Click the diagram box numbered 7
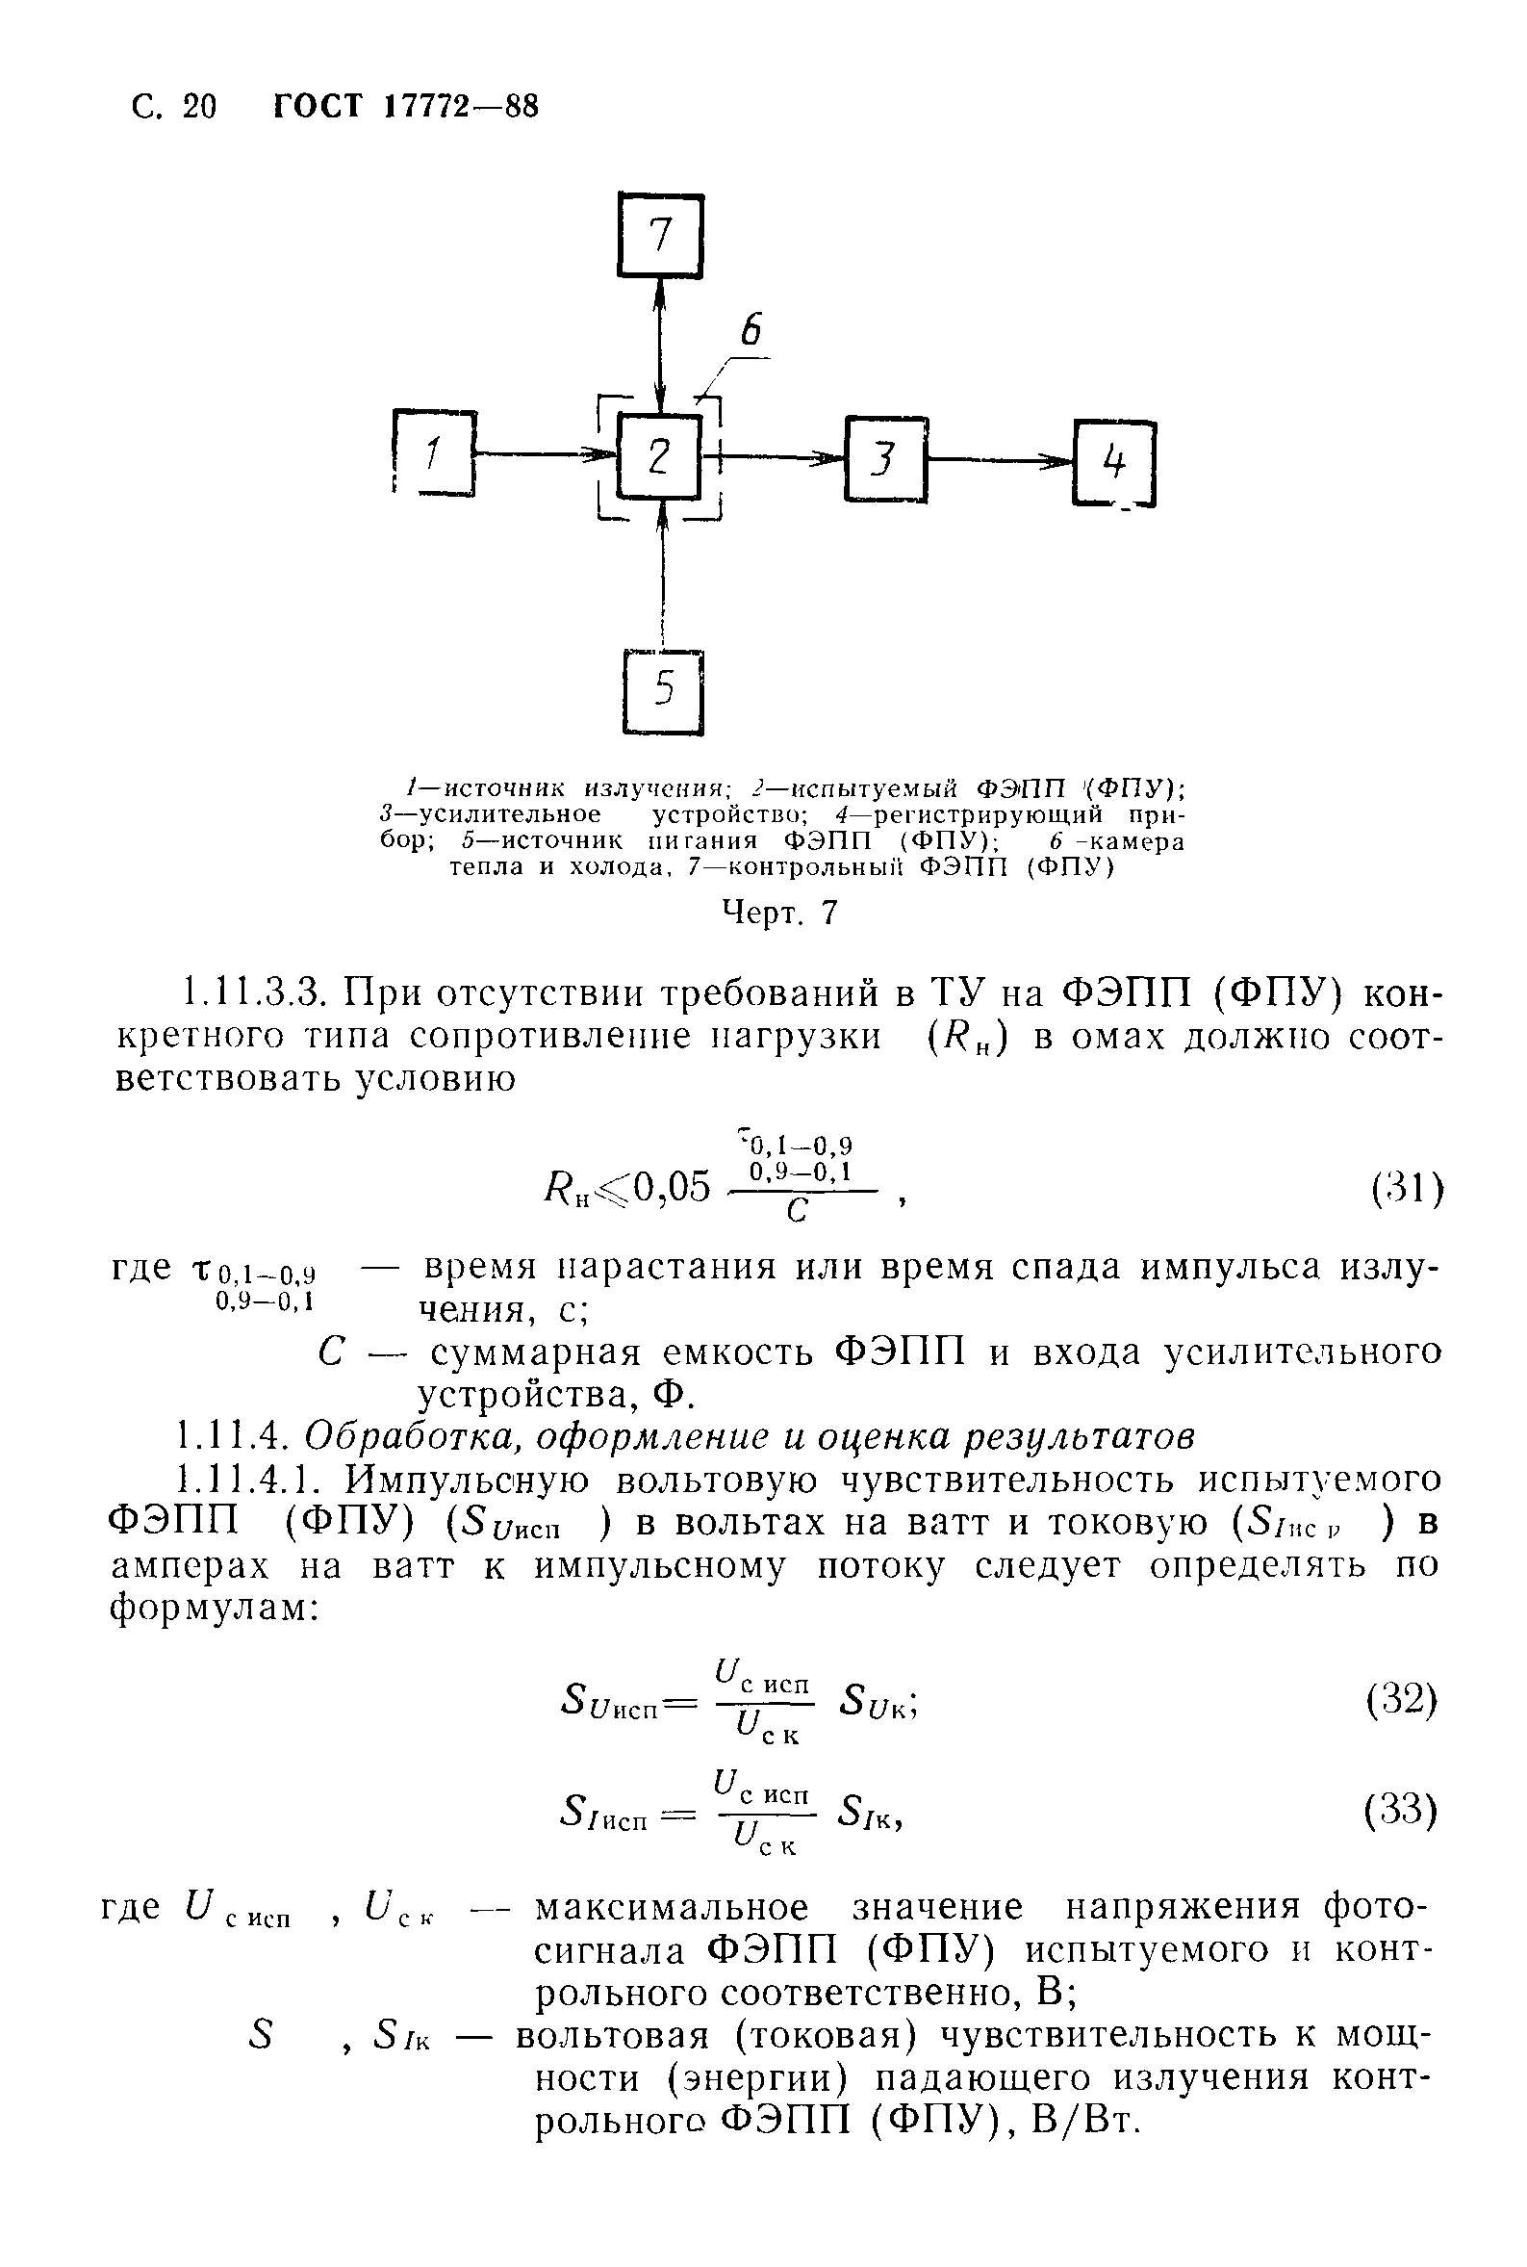pyautogui.click(x=660, y=236)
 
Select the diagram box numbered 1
pyautogui.click(x=434, y=454)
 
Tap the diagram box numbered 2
pyautogui.click(x=660, y=456)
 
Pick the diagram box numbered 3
pyautogui.click(x=884, y=459)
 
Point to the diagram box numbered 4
pyautogui.click(x=1114, y=463)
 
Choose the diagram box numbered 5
pyautogui.click(x=663, y=691)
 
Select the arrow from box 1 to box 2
pyautogui.click(x=546, y=453)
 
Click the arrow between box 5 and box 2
pyautogui.click(x=662, y=575)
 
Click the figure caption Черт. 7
pyautogui.click(x=779, y=913)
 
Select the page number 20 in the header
pyautogui.click(x=198, y=106)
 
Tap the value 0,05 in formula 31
pyautogui.click(x=672, y=1188)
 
